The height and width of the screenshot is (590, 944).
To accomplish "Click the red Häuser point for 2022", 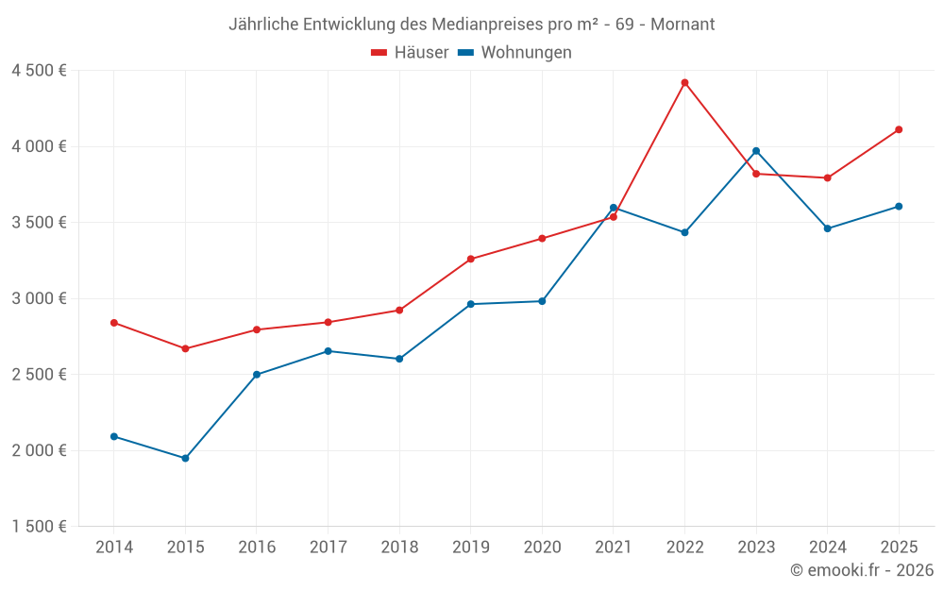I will pyautogui.click(x=684, y=83).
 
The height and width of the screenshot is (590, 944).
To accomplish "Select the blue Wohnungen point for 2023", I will pyautogui.click(x=756, y=151).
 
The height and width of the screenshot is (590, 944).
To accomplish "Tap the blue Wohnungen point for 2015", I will pyautogui.click(x=185, y=459).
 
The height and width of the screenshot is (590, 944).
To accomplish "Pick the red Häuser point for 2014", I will pyautogui.click(x=114, y=323).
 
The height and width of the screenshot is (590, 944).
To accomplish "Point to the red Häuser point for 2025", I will pyautogui.click(x=899, y=129).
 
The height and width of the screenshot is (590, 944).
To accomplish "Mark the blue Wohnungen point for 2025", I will pyautogui.click(x=899, y=206).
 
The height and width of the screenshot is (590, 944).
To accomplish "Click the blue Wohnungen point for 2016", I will pyautogui.click(x=257, y=375).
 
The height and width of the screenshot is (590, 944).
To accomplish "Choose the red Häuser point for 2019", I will pyautogui.click(x=471, y=259).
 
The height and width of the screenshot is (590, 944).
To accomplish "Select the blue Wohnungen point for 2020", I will pyautogui.click(x=542, y=301).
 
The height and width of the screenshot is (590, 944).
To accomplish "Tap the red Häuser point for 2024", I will pyautogui.click(x=827, y=177).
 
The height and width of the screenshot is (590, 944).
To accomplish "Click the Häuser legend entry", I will pyautogui.click(x=410, y=53).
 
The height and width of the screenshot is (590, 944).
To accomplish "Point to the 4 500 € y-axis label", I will pyautogui.click(x=39, y=71).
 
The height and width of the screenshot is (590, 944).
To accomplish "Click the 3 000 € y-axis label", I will pyautogui.click(x=39, y=298).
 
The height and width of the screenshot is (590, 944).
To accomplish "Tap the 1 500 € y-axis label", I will pyautogui.click(x=39, y=527).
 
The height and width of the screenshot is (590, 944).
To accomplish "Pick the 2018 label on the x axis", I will pyautogui.click(x=399, y=548).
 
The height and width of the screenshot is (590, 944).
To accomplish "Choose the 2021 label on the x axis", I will pyautogui.click(x=614, y=548).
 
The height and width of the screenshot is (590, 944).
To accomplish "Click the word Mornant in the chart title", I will pyautogui.click(x=683, y=24).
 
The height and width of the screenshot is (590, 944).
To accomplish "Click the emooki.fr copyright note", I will pyautogui.click(x=861, y=570).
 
